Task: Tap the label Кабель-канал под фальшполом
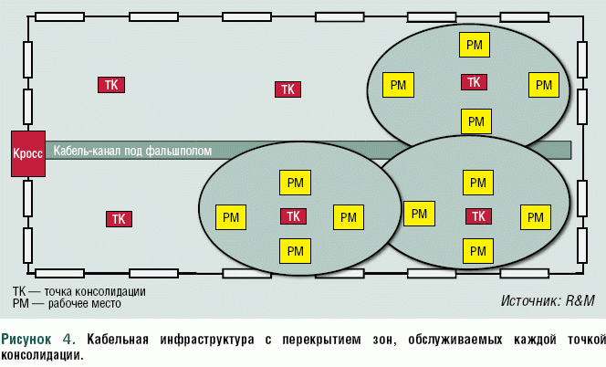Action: (x=133, y=151)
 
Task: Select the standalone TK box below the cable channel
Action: (x=118, y=219)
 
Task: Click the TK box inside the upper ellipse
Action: (x=474, y=82)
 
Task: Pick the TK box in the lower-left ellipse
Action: (x=292, y=216)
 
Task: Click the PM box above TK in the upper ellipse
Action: (x=475, y=44)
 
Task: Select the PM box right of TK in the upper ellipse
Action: (x=544, y=85)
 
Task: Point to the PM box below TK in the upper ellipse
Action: (x=475, y=121)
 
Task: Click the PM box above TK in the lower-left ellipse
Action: (x=294, y=183)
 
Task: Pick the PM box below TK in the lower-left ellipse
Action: (x=294, y=250)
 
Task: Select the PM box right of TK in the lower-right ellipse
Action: (x=536, y=217)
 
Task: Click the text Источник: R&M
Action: (x=548, y=299)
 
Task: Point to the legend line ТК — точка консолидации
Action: (x=78, y=291)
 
